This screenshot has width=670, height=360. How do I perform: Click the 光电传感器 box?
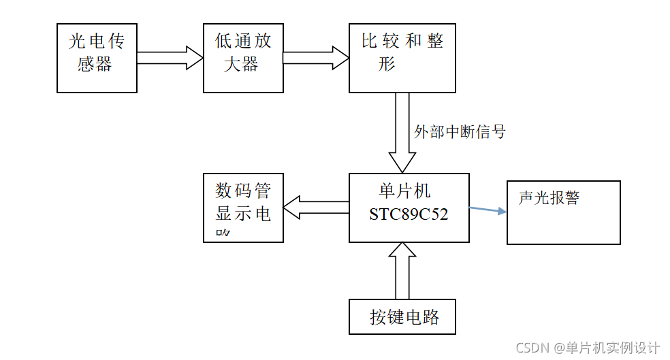(x=97, y=58)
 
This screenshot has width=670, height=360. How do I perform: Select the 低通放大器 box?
(x=243, y=58)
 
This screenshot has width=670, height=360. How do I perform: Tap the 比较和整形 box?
(x=402, y=58)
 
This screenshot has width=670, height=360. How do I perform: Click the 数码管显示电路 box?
(x=243, y=207)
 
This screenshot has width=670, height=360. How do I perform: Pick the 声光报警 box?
(x=563, y=212)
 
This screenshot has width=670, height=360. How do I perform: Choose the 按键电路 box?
(x=402, y=316)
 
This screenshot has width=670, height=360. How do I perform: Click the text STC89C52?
(x=409, y=214)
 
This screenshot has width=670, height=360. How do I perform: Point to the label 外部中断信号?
(x=460, y=131)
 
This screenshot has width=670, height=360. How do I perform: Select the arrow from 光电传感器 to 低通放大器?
(x=170, y=58)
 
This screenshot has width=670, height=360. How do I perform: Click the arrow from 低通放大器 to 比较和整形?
(x=316, y=58)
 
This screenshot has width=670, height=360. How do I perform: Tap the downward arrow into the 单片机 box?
(x=402, y=133)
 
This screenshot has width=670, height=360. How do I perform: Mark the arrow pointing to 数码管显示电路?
(x=316, y=208)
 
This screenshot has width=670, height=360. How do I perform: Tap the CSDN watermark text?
(x=587, y=348)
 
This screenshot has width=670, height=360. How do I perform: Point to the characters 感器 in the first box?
(x=95, y=66)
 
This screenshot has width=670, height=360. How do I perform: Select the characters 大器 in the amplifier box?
(x=241, y=66)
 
